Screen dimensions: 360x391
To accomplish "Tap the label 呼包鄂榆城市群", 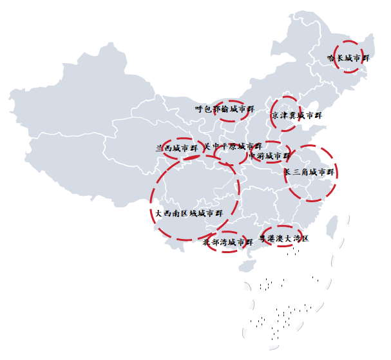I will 220,109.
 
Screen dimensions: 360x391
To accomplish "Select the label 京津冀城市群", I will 295,116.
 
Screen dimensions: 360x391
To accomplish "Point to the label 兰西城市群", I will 176,148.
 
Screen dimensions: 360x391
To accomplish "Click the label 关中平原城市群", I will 233,147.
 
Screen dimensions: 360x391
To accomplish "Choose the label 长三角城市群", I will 310,173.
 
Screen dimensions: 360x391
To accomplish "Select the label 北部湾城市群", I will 227,243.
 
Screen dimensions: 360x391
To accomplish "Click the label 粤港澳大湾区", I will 283,238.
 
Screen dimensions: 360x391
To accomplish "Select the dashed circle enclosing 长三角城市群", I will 336,173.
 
